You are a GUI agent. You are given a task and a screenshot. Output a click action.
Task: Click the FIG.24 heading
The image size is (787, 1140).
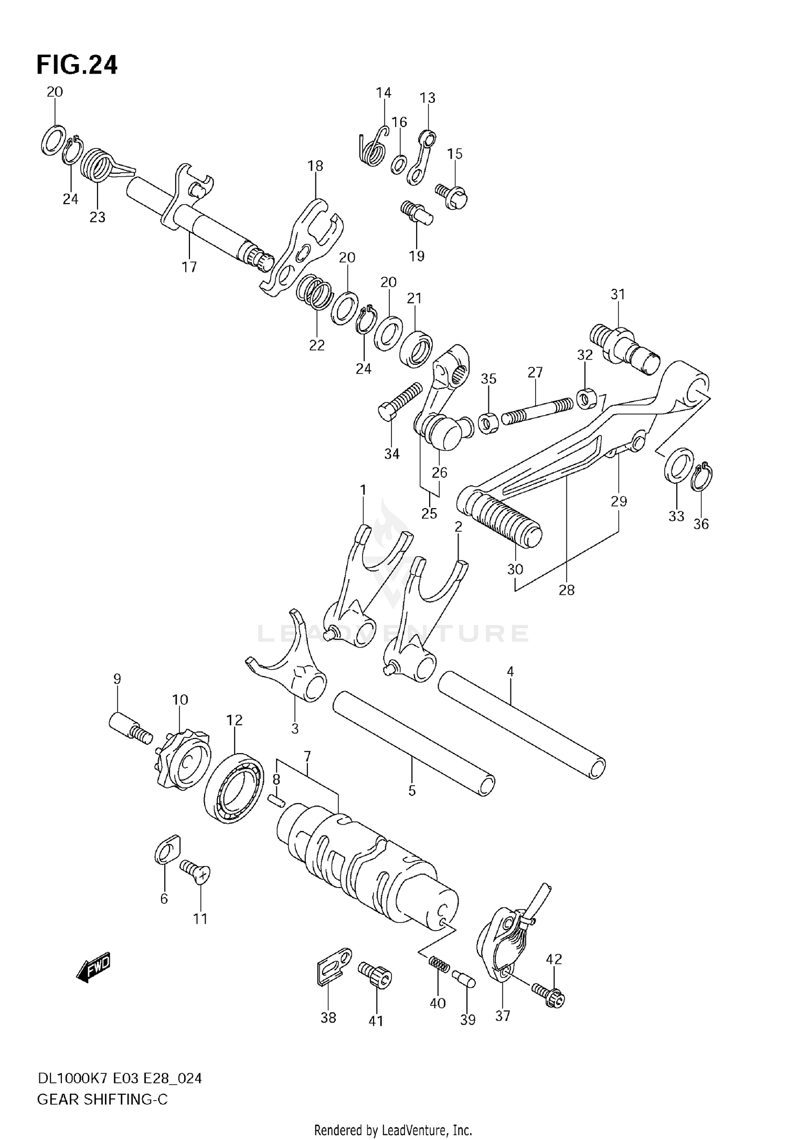(x=77, y=65)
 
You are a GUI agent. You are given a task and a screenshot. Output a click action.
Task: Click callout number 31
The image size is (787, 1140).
(x=618, y=294)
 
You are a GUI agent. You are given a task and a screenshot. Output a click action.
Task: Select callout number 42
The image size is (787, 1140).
(x=554, y=959)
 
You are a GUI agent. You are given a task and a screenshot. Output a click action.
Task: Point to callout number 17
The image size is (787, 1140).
(x=189, y=267)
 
